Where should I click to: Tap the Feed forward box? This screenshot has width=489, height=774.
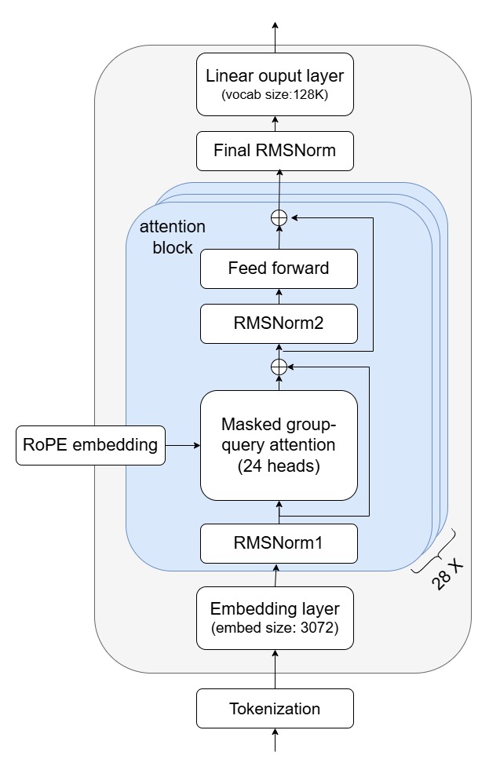click(x=279, y=268)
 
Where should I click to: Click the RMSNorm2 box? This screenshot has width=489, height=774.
click(x=279, y=324)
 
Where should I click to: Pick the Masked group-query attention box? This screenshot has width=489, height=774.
click(x=279, y=445)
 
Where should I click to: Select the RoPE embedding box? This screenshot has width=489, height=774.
click(x=91, y=445)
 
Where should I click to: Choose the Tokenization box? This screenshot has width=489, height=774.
click(x=275, y=709)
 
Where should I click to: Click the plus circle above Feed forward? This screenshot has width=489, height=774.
click(x=279, y=218)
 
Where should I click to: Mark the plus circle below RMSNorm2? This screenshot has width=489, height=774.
click(x=279, y=366)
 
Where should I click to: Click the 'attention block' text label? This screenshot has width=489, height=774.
click(x=172, y=235)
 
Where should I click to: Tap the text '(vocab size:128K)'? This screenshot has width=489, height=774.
click(x=275, y=97)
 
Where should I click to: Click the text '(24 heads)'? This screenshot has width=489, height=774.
click(x=279, y=465)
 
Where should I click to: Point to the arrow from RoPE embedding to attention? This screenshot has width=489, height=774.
click(x=183, y=445)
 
